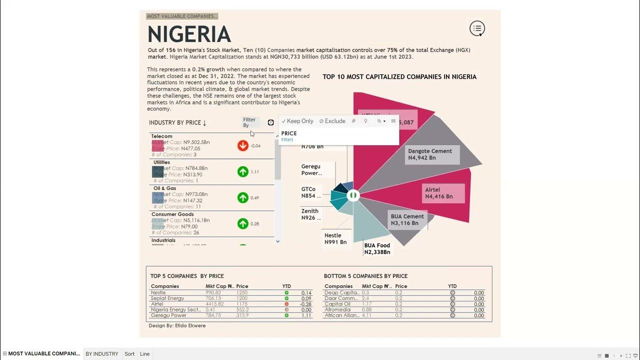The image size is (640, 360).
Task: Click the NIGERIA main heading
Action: click(189, 34)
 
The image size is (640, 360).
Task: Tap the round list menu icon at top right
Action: click(477, 28)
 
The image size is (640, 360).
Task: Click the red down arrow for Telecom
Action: click(243, 145)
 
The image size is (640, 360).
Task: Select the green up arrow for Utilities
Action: click(243, 171)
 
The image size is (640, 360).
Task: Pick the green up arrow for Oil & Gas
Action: click(243, 197)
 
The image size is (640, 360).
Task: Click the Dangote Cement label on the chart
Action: click(429, 154)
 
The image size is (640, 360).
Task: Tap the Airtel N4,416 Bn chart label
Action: click(439, 193)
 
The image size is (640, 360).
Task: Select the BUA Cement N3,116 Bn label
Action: click(407, 219)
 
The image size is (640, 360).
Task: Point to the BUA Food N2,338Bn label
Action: click(377, 248)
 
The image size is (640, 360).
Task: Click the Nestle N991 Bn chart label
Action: click(335, 238)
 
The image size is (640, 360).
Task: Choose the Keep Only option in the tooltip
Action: click(297, 121)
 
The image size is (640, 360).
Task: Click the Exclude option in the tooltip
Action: click(332, 121)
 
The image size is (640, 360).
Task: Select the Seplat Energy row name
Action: click(167, 298)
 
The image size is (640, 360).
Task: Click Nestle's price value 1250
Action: click(242, 293)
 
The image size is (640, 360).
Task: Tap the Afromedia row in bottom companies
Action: click(337, 310)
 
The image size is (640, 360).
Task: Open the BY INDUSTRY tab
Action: click(102, 354)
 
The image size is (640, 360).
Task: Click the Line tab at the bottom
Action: click(144, 354)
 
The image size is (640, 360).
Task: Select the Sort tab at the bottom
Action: click(129, 354)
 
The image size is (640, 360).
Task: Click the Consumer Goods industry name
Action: click(172, 214)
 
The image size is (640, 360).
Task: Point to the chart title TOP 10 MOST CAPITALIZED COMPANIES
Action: click(399, 77)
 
